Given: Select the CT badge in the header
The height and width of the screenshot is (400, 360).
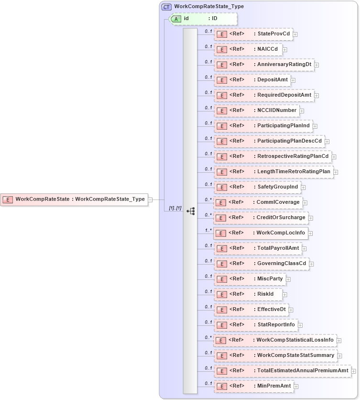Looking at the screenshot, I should coord(166,7).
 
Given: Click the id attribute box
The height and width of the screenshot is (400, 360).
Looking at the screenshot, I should coord(204,19).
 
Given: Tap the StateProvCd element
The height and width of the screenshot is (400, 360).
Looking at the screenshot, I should coord(253,34).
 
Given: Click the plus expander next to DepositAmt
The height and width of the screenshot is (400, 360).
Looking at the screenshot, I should coord(293,80).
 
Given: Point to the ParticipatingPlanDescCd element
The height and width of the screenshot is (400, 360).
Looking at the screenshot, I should coord(269,141).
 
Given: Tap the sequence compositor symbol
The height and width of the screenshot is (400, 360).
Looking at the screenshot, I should coord(190,211).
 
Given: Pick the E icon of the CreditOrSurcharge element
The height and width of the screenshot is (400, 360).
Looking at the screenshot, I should coord(220,218).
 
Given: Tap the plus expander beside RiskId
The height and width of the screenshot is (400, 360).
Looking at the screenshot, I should coord(285,295).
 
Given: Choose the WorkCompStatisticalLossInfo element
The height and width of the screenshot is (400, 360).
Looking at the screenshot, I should coord(274,340).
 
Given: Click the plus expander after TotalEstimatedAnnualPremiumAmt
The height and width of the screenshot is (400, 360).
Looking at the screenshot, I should coord(354,371).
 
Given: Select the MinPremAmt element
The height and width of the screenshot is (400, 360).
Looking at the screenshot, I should coord(254,386).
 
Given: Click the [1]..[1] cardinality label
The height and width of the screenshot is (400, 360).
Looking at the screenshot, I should coord(175,208).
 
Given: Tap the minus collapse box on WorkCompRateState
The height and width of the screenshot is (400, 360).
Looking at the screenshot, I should coord(150,200).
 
